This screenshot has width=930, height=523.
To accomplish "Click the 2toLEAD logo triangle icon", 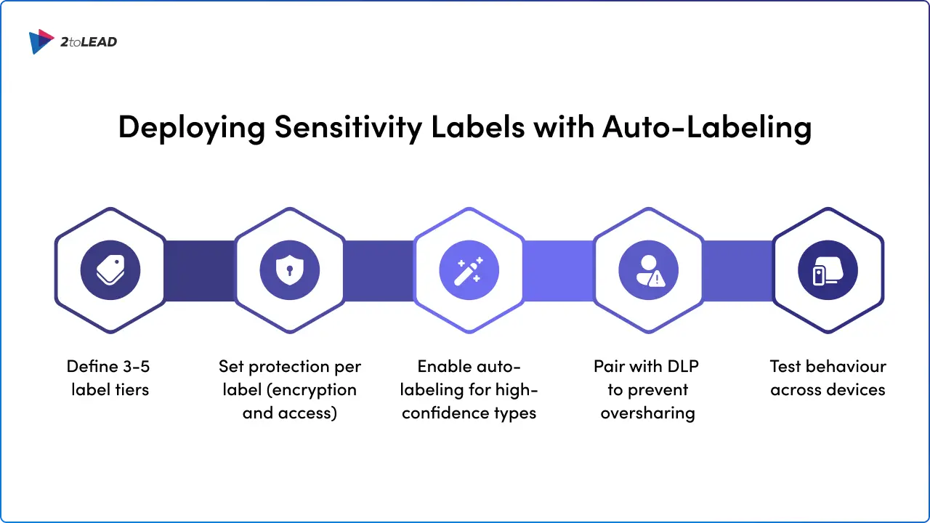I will point(41,41).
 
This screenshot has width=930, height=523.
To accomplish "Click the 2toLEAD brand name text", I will point(89,42).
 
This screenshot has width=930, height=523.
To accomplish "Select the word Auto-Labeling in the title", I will point(706,127).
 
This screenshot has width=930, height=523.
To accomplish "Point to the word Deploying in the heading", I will point(192,127).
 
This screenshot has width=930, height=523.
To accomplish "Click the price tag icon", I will point(110,271).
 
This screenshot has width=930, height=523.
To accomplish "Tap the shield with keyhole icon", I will point(289,271).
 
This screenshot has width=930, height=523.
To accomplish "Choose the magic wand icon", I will point(469,271).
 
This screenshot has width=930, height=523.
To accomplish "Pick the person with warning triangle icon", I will point(648,271).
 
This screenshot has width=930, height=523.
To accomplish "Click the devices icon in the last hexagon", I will point(828,271).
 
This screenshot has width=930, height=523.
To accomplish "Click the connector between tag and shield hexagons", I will point(200,271).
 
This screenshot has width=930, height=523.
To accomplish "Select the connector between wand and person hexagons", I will point(558,271).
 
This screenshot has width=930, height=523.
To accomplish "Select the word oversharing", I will point(648,413).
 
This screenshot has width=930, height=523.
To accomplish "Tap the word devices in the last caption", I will point(852,389).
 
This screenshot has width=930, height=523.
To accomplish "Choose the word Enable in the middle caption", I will point(444,366).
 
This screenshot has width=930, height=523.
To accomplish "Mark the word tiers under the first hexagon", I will point(131,389).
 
